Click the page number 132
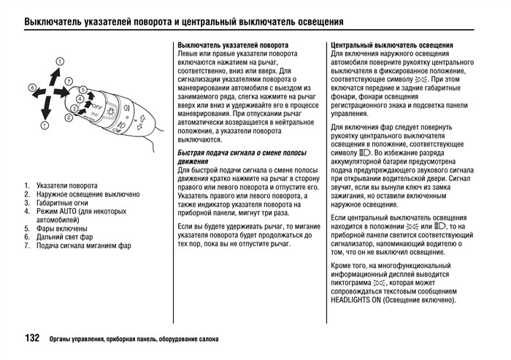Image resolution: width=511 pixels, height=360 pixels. point(32,339)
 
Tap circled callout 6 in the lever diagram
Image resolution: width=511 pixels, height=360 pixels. point(33,88)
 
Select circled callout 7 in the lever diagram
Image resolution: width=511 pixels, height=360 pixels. point(69,80)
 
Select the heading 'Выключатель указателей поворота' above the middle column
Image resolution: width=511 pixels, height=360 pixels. point(233,45)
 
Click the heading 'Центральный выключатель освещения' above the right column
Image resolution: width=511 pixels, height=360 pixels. point(392,45)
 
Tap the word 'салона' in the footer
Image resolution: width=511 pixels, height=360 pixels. point(205,340)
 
